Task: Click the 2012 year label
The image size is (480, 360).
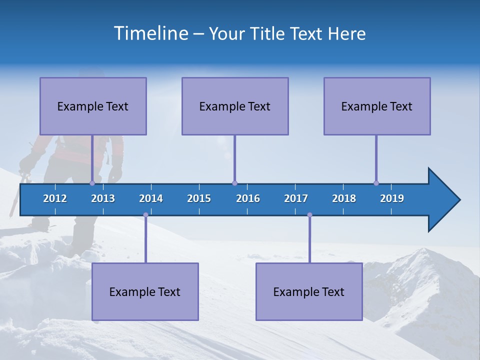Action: click(x=55, y=198)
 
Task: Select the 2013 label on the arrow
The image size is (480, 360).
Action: click(x=103, y=198)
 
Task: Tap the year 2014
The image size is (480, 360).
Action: click(x=151, y=198)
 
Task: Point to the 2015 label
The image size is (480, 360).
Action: click(x=199, y=198)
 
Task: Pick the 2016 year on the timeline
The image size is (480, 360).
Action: click(x=248, y=198)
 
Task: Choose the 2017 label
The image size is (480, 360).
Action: click(x=296, y=198)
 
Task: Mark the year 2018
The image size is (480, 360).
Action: click(x=344, y=198)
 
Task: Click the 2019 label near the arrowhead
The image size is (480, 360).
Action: click(x=392, y=198)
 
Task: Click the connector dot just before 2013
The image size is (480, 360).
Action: click(x=92, y=183)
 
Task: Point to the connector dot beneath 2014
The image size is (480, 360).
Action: click(x=145, y=215)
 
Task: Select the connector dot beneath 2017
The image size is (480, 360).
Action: click(x=309, y=215)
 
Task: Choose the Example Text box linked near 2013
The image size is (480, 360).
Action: click(x=93, y=106)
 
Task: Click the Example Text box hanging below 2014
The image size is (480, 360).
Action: click(x=145, y=291)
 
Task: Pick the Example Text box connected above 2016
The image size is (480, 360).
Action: click(x=235, y=106)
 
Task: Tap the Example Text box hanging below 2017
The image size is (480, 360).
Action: click(x=309, y=291)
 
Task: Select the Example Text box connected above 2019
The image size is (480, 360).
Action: click(x=377, y=106)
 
